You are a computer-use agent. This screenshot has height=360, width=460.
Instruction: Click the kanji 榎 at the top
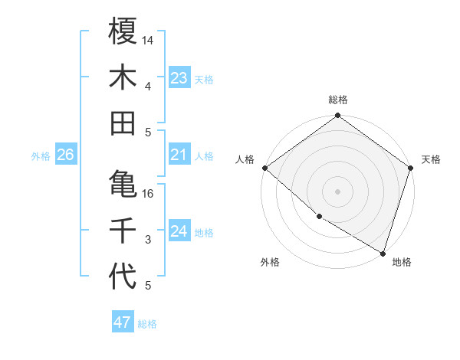pyautogui.click(x=123, y=31)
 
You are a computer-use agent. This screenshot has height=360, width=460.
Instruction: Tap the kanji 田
pyautogui.click(x=123, y=123)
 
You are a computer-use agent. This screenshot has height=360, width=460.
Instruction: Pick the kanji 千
pyautogui.click(x=123, y=231)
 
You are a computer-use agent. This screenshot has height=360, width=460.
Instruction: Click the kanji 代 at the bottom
pyautogui.click(x=123, y=277)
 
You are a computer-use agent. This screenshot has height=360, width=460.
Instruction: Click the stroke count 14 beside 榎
pyautogui.click(x=149, y=40)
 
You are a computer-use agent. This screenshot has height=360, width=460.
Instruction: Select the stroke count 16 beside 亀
pyautogui.click(x=149, y=193)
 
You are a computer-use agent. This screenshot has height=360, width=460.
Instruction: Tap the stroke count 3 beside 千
pyautogui.click(x=148, y=240)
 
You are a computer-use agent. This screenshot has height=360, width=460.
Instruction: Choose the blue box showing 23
pyautogui.click(x=179, y=77)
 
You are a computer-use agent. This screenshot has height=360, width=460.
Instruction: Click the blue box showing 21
pyautogui.click(x=179, y=155)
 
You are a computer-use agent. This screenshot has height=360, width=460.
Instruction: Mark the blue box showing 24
pyautogui.click(x=179, y=231)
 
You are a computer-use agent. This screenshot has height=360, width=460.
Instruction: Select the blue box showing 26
pyautogui.click(x=65, y=155)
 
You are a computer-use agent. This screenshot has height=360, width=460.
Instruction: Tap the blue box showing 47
pyautogui.click(x=122, y=322)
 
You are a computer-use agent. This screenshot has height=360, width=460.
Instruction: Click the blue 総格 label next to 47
pyautogui.click(x=147, y=324)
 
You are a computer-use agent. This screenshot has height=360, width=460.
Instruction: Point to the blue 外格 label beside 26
pyautogui.click(x=41, y=156)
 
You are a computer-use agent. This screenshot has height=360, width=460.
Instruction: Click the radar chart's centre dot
pyautogui.click(x=337, y=191)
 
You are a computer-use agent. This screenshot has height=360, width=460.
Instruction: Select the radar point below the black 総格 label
pyautogui.click(x=337, y=116)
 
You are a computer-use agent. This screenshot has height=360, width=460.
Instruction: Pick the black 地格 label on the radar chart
pyautogui.click(x=402, y=263)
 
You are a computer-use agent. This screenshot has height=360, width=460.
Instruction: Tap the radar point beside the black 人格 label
pyautogui.click(x=264, y=168)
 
